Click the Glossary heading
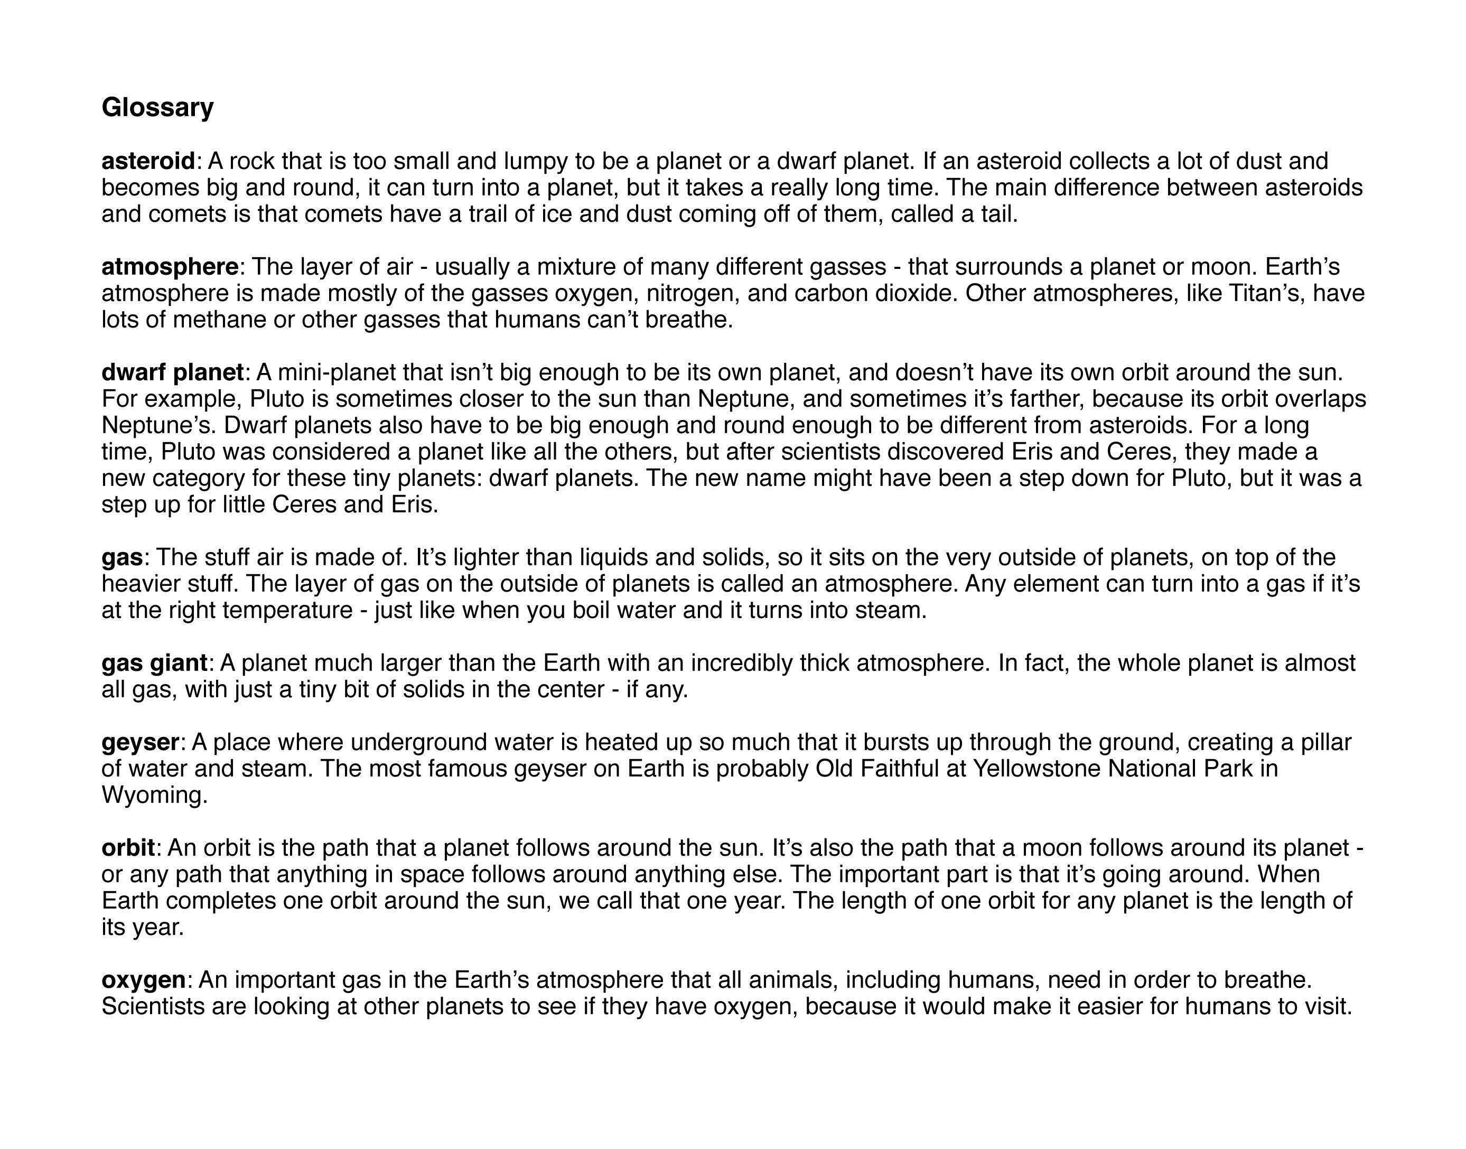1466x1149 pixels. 157,107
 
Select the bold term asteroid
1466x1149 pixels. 148,162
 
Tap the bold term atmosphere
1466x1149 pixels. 170,267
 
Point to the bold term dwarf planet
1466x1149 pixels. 172,372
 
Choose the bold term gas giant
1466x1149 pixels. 154,664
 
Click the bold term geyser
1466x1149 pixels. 140,743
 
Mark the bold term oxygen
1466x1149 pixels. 143,980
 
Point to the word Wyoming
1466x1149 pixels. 154,796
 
